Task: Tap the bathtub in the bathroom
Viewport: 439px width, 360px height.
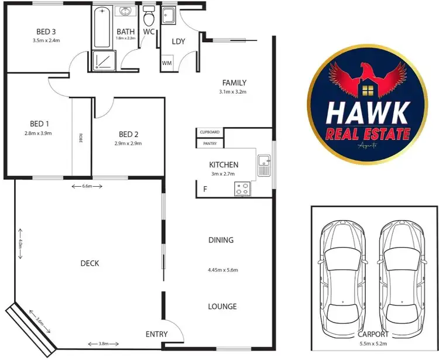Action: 102,26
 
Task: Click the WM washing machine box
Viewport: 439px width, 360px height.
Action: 167,62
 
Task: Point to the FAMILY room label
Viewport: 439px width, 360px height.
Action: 234,83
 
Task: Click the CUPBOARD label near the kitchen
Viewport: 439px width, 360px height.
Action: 209,132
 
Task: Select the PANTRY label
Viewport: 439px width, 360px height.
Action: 209,143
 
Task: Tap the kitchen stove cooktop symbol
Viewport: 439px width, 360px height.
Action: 242,188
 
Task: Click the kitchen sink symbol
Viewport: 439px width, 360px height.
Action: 264,164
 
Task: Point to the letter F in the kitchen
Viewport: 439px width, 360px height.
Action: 205,189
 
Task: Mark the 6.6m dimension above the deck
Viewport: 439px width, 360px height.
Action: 87,186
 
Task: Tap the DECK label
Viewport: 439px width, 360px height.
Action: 90,263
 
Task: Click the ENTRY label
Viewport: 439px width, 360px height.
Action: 156,334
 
